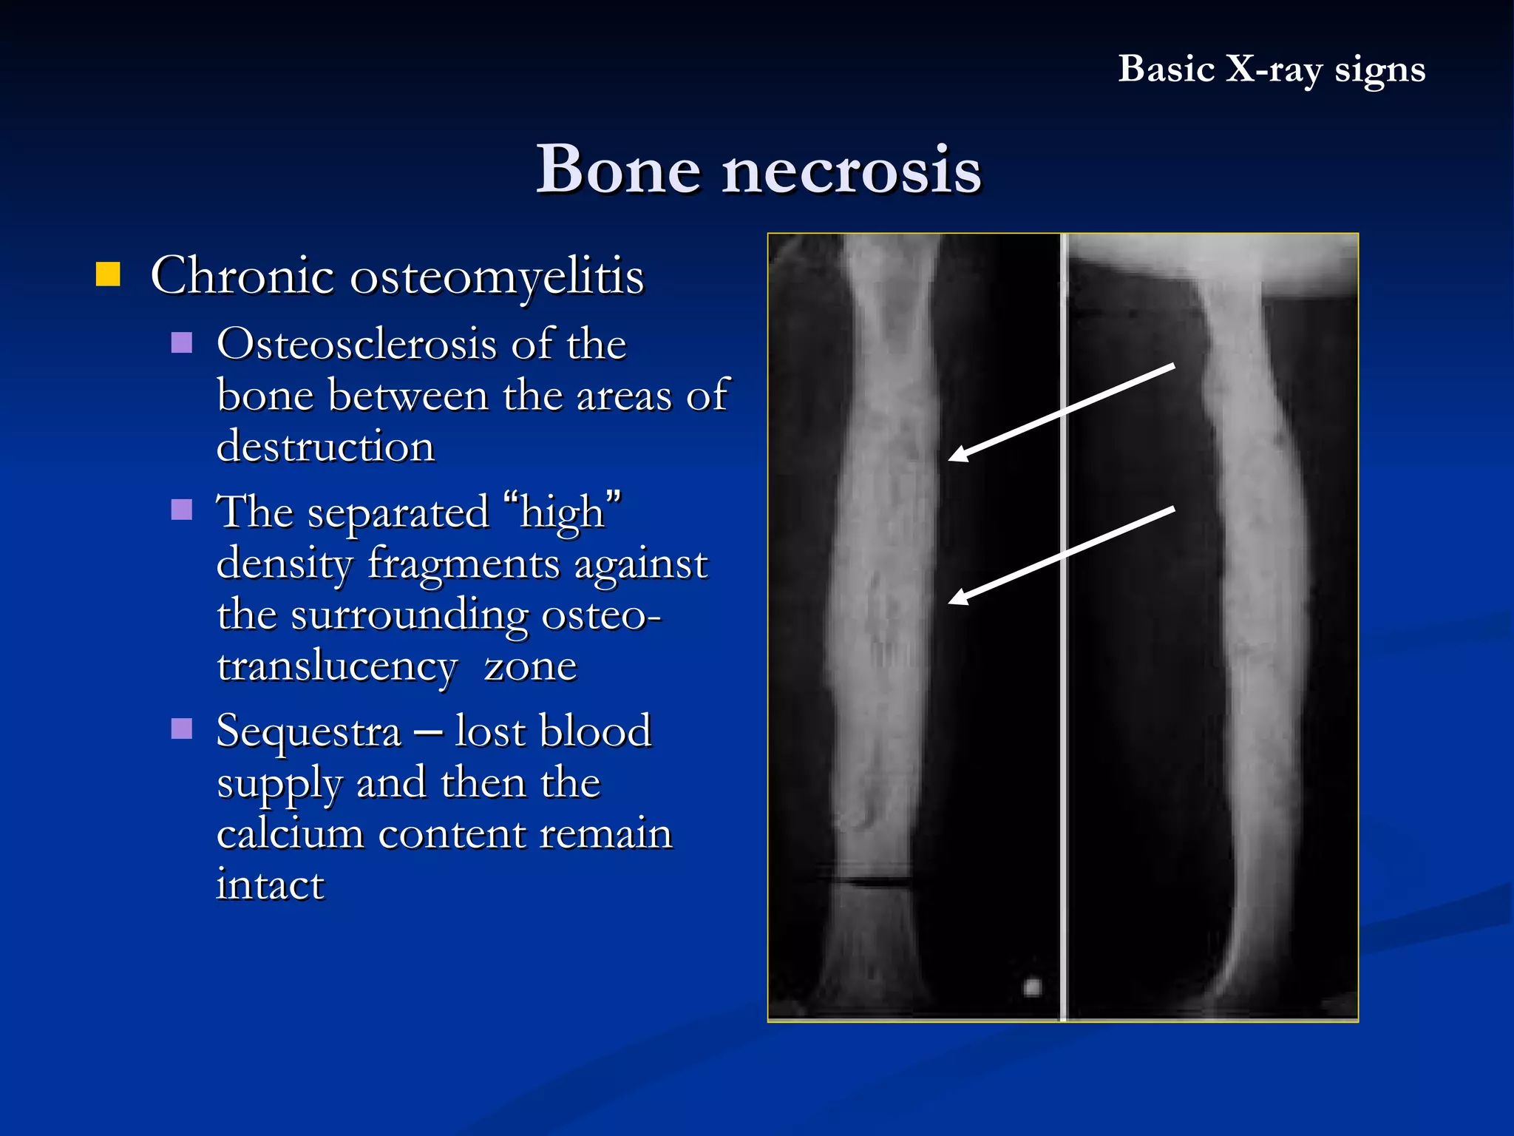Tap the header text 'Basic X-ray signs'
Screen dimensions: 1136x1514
[x=1271, y=70]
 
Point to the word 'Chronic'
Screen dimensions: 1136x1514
[x=242, y=275]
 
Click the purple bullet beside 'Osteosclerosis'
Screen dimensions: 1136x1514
[x=182, y=342]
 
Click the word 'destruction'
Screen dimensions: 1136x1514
[x=325, y=447]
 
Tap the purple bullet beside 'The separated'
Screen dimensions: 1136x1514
[x=182, y=510]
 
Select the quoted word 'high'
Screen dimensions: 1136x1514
[x=562, y=512]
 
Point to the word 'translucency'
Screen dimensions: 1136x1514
[x=337, y=666]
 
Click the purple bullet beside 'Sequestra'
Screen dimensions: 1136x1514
[x=182, y=728]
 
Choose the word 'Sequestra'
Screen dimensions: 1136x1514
[x=309, y=731]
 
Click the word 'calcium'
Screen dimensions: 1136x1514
[x=290, y=834]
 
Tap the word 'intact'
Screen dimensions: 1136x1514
[x=271, y=885]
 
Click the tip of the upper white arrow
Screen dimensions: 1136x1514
[x=951, y=459]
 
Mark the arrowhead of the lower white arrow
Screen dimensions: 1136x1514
[x=951, y=602]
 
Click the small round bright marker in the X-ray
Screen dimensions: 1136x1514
[x=1032, y=987]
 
